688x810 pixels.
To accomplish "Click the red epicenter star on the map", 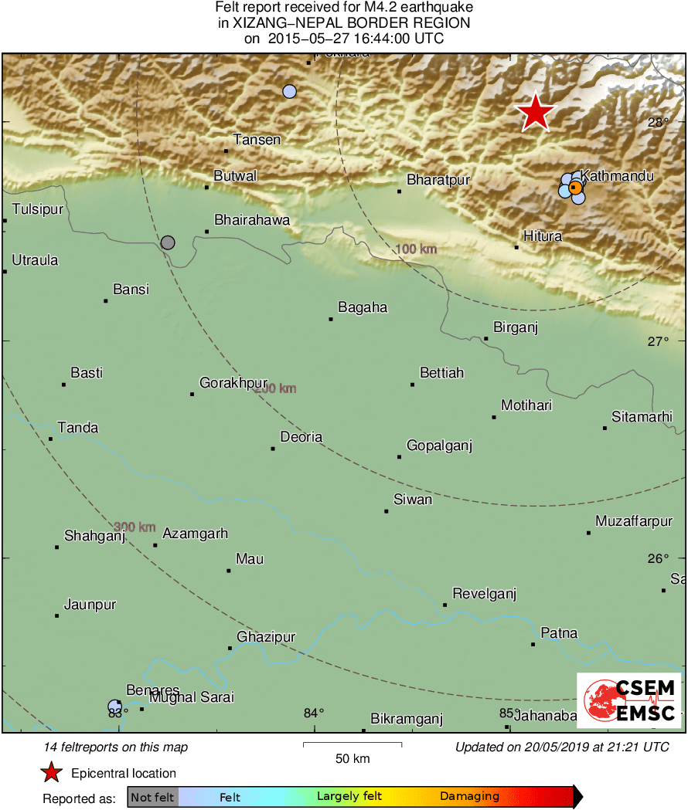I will click(x=535, y=114).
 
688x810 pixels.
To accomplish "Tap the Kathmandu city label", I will click(x=617, y=176).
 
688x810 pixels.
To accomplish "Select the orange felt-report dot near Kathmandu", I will click(x=574, y=187).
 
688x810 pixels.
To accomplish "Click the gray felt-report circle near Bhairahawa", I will click(x=168, y=242).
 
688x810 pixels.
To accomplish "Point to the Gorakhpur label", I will click(x=233, y=383).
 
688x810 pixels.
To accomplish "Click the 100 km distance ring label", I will click(x=416, y=249).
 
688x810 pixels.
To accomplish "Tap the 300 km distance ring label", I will click(x=135, y=527).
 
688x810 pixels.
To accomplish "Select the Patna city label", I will click(x=559, y=633).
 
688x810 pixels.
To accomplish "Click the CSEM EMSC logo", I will click(x=628, y=700).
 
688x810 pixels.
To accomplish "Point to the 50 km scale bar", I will click(x=352, y=744).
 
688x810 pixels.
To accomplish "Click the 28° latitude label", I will click(x=658, y=122).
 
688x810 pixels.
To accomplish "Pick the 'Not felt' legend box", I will click(x=152, y=797).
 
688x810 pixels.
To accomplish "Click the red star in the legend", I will click(x=51, y=773).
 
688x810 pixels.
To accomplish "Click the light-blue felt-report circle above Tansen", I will click(x=289, y=91).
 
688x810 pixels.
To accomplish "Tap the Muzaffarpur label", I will click(x=634, y=522).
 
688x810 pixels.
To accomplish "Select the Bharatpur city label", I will click(x=438, y=180).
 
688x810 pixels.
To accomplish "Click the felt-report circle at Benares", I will click(x=114, y=706).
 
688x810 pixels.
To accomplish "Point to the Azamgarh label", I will click(x=195, y=534).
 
